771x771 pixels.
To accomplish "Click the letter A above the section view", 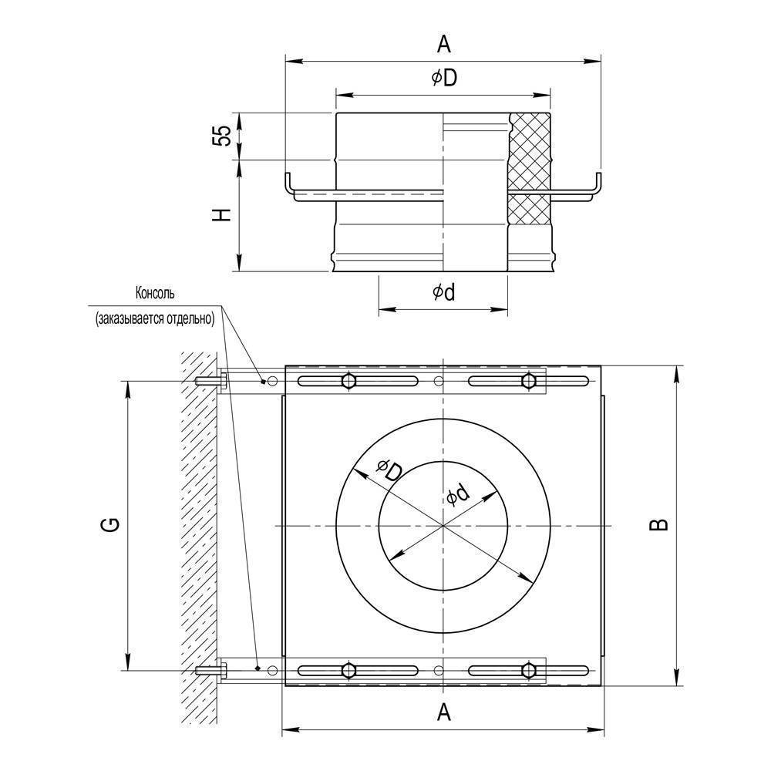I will [x=443, y=45].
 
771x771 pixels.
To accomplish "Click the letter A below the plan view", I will [x=443, y=712].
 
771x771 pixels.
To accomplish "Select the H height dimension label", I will [x=222, y=215].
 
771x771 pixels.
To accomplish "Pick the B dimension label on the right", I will [x=658, y=525].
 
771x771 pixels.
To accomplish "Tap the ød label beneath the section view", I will [x=443, y=292].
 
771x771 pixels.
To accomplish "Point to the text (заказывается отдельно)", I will [x=155, y=317].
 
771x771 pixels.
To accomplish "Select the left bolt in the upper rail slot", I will [x=348, y=381].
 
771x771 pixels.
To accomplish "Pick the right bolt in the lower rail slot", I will [x=529, y=671].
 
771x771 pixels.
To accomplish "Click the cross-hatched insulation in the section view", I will [x=530, y=150].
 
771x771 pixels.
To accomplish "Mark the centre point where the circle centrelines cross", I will [x=443, y=526].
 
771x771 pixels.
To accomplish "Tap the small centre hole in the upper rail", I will [x=439, y=381].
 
